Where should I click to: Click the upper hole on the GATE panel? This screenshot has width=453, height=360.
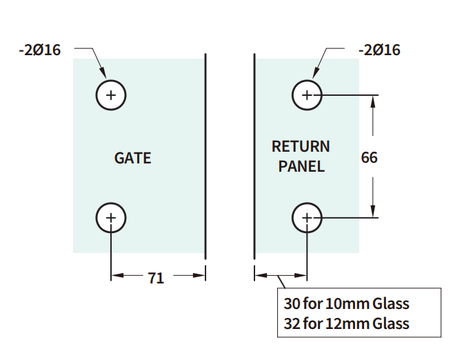pyautogui.click(x=111, y=94)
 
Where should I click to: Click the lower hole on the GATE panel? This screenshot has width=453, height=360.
pyautogui.click(x=111, y=218)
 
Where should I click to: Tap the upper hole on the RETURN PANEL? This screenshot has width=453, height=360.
pyautogui.click(x=307, y=94)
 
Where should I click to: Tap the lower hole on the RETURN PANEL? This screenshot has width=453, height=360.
pyautogui.click(x=307, y=218)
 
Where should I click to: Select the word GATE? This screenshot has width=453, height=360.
pyautogui.click(x=132, y=158)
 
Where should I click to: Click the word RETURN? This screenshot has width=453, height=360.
pyautogui.click(x=301, y=146)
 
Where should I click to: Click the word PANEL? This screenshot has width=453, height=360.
pyautogui.click(x=301, y=166)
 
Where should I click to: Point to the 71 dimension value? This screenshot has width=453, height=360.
pyautogui.click(x=156, y=278)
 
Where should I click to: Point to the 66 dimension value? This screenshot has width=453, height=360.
pyautogui.click(x=369, y=157)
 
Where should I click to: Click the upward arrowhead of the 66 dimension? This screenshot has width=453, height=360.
pyautogui.click(x=373, y=100)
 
